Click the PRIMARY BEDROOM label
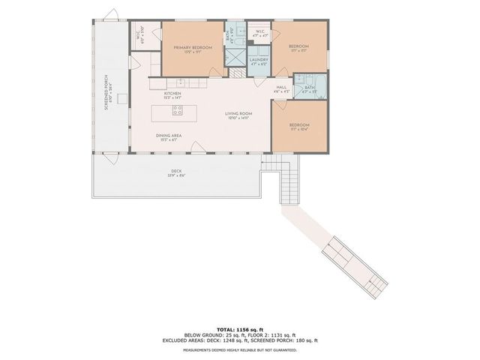click(193, 47)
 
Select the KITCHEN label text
click(173, 94)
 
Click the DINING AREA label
click(169, 136)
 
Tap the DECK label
click(176, 171)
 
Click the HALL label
click(281, 88)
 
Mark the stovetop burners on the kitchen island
click(178, 111)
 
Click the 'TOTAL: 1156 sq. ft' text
click(240, 328)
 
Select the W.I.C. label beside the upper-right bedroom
click(258, 32)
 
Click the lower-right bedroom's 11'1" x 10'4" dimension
click(298, 130)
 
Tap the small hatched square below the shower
click(237, 73)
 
